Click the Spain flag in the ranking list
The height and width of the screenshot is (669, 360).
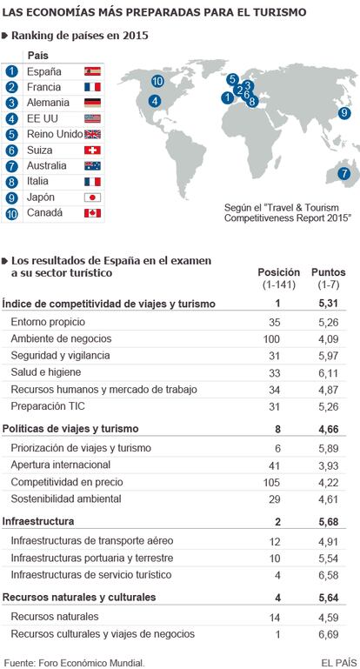(92, 71)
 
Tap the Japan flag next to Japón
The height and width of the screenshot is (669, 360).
(92, 197)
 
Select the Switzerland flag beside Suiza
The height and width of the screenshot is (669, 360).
(92, 150)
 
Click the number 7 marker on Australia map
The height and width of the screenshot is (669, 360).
(343, 174)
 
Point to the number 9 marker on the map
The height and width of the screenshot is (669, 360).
(343, 113)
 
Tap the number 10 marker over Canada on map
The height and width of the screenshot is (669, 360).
(157, 81)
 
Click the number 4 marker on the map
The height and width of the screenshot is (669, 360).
(155, 102)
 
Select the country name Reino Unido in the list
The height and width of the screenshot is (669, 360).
(55, 134)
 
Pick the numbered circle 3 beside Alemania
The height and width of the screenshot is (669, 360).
(12, 103)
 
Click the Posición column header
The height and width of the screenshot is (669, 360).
(279, 272)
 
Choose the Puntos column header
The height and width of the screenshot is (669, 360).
(329, 272)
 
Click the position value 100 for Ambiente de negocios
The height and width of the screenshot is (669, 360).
(272, 339)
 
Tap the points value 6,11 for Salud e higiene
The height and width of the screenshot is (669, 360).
(329, 373)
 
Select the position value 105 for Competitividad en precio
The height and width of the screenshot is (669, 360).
(272, 483)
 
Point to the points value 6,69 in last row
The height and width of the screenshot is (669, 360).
(329, 634)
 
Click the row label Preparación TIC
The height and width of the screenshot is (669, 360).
(48, 406)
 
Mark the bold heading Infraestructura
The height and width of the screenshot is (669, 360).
(38, 521)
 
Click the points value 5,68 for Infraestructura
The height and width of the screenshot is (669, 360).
(329, 522)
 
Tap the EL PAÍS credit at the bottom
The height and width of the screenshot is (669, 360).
(339, 663)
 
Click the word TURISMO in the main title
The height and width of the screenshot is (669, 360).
(281, 12)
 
